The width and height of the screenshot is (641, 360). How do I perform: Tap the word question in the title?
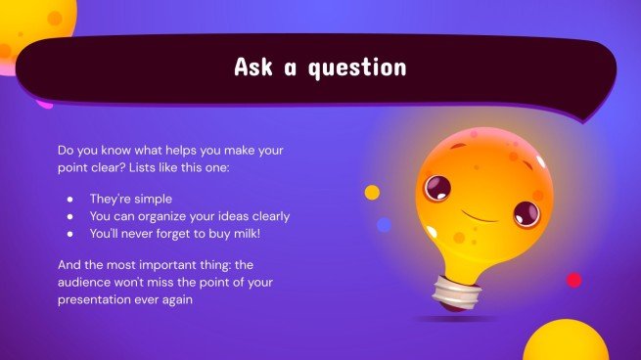click(358, 67)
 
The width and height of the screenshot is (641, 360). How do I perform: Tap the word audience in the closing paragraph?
click(89, 283)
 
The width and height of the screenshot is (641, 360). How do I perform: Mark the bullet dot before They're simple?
click(69, 199)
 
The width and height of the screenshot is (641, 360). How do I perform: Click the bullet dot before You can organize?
click(69, 216)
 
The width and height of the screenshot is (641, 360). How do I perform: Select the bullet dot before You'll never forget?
click(69, 235)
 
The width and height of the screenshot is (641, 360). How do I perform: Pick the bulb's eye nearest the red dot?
click(527, 210)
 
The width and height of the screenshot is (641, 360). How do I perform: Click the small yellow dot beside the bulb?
click(372, 193)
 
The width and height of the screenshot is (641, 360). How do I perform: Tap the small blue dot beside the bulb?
click(384, 225)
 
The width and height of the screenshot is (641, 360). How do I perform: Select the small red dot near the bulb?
click(573, 280)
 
